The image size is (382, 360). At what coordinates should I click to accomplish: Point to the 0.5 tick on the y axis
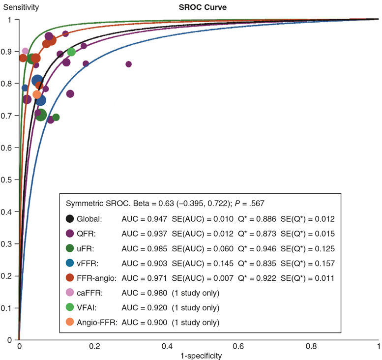10,180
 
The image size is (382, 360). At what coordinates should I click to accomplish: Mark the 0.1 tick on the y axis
10,308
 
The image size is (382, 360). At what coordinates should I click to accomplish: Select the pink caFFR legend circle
70,293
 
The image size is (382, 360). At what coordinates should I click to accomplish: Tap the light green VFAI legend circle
70,308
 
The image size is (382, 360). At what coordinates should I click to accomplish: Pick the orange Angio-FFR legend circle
70,323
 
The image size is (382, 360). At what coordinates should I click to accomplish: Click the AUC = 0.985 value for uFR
143,248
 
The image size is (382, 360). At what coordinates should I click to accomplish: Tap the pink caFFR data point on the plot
26,51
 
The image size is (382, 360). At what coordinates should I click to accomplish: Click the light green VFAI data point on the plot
71,52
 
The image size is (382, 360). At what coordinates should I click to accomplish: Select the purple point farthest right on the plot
129,64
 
